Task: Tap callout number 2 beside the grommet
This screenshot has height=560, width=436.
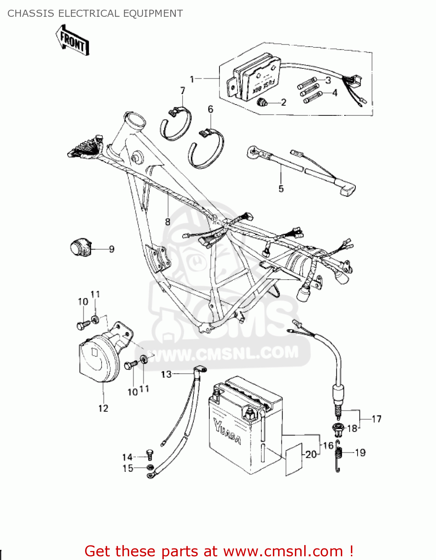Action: point(283,102)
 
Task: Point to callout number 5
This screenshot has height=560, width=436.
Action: point(281,189)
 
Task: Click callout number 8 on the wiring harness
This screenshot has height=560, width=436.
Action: point(168,222)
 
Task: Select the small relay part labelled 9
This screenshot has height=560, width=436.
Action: point(80,248)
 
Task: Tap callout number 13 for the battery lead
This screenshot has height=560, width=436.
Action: point(166,374)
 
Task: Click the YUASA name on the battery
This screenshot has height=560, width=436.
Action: point(227,432)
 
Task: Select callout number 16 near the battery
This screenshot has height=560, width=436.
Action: point(328,445)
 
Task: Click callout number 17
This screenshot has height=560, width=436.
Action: point(376,419)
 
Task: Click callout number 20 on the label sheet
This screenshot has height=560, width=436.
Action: point(311,454)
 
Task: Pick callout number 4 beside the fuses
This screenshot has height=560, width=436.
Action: point(334,93)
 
